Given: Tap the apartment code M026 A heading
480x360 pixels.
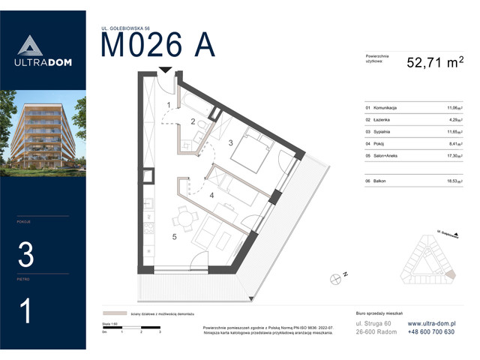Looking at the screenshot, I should (158, 46).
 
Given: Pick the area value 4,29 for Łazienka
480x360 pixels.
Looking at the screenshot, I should (454, 119).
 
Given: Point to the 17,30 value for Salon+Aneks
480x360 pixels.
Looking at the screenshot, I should (454, 154).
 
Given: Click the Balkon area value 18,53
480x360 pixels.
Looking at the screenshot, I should (454, 181).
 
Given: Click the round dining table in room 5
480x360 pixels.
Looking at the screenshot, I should (181, 219).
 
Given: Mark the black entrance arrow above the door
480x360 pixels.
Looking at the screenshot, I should (165, 71).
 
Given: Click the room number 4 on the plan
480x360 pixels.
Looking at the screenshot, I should (212, 196).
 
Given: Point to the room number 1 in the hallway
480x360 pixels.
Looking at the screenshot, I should (169, 104).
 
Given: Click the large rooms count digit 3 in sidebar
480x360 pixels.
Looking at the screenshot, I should (25, 256).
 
